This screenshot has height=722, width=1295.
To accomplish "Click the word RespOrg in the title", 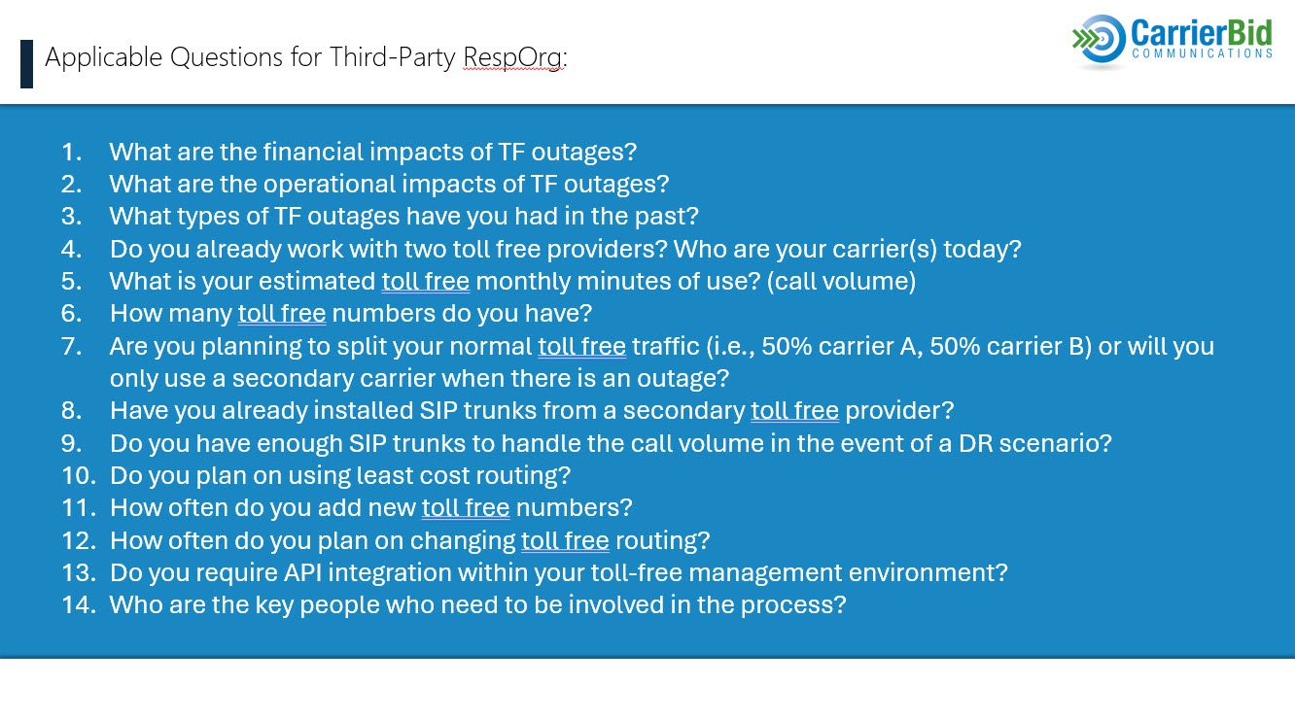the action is click(512, 57).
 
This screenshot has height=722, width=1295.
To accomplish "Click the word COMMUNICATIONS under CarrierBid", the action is click(1202, 53).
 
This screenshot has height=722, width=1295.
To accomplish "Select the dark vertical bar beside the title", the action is click(26, 64).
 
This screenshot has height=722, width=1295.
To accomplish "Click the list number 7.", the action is click(71, 346).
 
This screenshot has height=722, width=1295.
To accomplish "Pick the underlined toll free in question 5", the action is click(426, 282).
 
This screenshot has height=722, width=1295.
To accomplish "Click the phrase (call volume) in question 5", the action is click(841, 282).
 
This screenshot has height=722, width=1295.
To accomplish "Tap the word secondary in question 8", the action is click(683, 411).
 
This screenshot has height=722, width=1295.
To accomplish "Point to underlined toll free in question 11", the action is click(466, 508).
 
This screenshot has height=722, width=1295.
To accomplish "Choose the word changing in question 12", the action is click(463, 541).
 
